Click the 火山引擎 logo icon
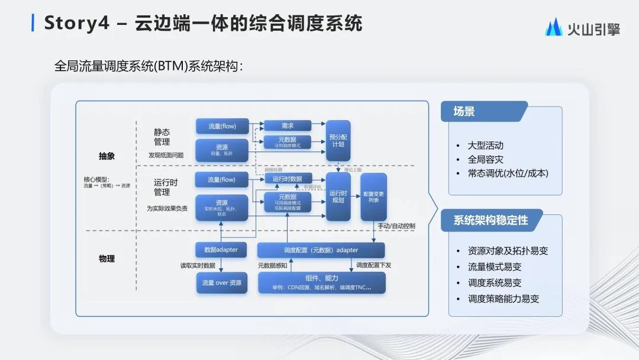pos(554,27)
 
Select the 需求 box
pos(288,126)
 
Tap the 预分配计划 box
pos(338,141)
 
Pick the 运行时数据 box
pos(288,179)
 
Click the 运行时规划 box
pos(338,197)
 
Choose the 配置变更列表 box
pos(373,197)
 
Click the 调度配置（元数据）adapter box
pos(321,250)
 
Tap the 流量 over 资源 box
pos(221,283)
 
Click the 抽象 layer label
pos(106,156)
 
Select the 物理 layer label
pos(106,259)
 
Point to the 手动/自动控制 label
pos(396,226)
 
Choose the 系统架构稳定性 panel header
pos(490,220)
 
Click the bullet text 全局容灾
pos(485,159)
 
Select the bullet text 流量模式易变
pos(495,266)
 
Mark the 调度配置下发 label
pos(373,266)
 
